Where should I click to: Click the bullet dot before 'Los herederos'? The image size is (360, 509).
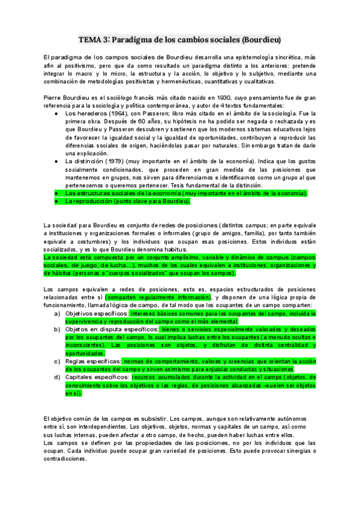point(56,113)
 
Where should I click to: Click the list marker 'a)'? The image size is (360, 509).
point(57,313)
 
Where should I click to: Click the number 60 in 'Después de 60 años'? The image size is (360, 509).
point(134,121)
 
